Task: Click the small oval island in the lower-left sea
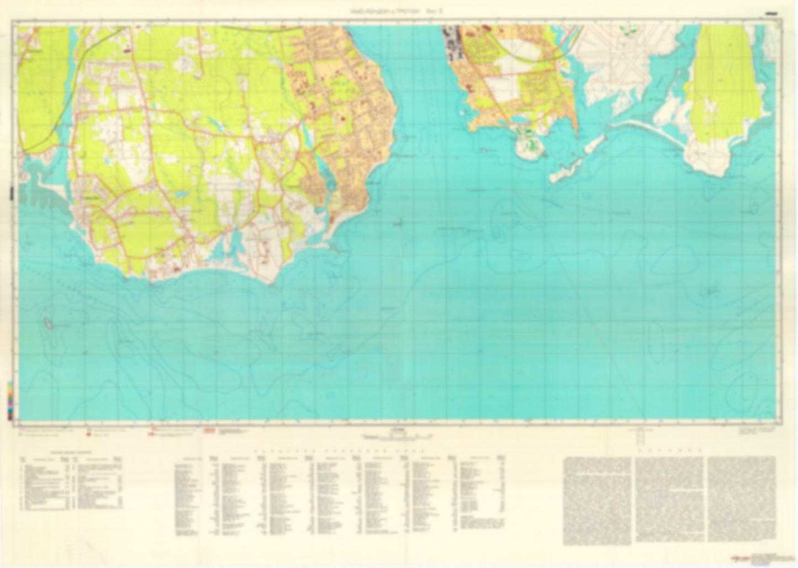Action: [49, 323]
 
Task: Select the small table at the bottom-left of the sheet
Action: [72, 484]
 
